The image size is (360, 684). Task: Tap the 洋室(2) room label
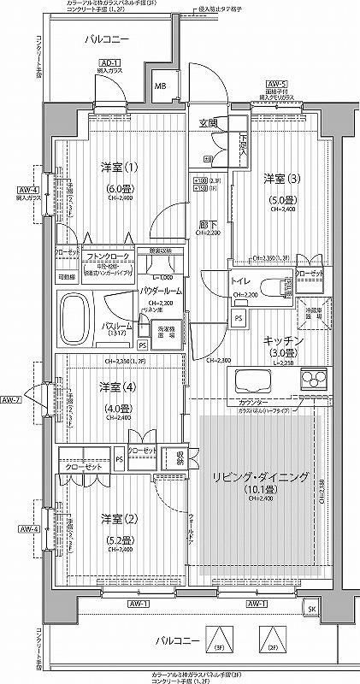pyautogui.click(x=117, y=519)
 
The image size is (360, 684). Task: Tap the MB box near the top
pyautogui.click(x=160, y=86)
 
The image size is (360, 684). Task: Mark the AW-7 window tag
pyautogui.click(x=11, y=399)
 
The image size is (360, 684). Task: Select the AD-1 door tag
pyautogui.click(x=108, y=63)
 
